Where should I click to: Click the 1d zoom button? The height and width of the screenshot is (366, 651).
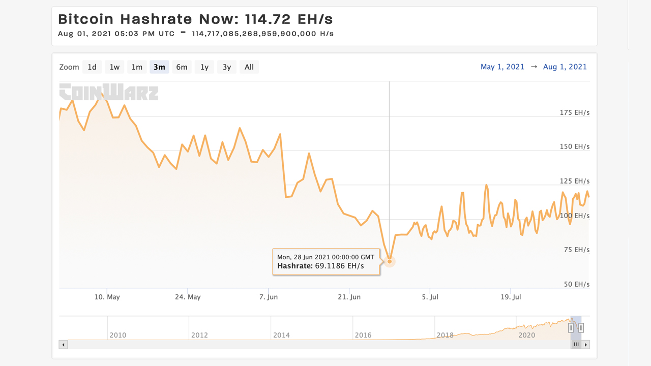point(92,67)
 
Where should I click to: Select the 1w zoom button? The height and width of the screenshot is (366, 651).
point(114,67)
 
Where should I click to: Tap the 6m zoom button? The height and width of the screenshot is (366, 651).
point(182,67)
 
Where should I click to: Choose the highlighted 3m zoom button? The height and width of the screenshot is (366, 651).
point(159,67)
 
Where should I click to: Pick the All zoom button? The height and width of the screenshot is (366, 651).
point(249,67)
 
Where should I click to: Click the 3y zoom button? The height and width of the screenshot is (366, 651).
point(227,67)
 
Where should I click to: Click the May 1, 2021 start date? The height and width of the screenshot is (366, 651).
point(502,67)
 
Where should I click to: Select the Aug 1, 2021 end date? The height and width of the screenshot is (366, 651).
point(565,67)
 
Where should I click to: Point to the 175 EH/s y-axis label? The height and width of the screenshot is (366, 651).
point(574,112)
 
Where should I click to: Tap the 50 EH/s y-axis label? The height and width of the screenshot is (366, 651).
point(576,284)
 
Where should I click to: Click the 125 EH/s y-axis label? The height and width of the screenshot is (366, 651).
point(574,181)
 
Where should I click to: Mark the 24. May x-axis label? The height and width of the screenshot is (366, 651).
point(187,297)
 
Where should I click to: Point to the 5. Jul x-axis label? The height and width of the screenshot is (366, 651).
point(430,297)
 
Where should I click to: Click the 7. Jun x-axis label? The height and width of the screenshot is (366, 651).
point(269,297)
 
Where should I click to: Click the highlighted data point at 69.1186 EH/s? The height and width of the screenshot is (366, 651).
point(390,261)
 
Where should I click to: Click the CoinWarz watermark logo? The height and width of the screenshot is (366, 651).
point(109,92)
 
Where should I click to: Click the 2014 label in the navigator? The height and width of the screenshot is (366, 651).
point(281,335)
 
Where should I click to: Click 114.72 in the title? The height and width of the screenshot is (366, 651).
point(268,19)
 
